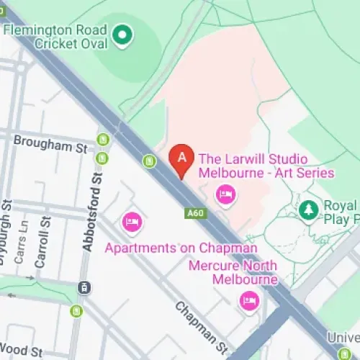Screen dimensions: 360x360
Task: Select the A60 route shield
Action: click(x=194, y=213)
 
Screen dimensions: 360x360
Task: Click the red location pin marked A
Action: click(x=181, y=160)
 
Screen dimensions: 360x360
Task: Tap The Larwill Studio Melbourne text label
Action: click(x=266, y=166)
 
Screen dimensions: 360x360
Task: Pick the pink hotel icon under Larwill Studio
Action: click(x=226, y=194)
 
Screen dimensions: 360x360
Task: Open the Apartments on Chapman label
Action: click(x=181, y=248)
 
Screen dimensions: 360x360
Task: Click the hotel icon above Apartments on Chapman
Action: click(x=132, y=221)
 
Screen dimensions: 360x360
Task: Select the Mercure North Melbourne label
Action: click(x=233, y=273)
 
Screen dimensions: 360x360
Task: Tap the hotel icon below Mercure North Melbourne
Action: click(x=249, y=301)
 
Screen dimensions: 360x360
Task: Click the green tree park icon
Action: click(x=309, y=210)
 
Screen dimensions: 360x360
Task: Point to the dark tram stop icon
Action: click(x=84, y=288)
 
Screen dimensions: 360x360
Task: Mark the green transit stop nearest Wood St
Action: click(x=76, y=311)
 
